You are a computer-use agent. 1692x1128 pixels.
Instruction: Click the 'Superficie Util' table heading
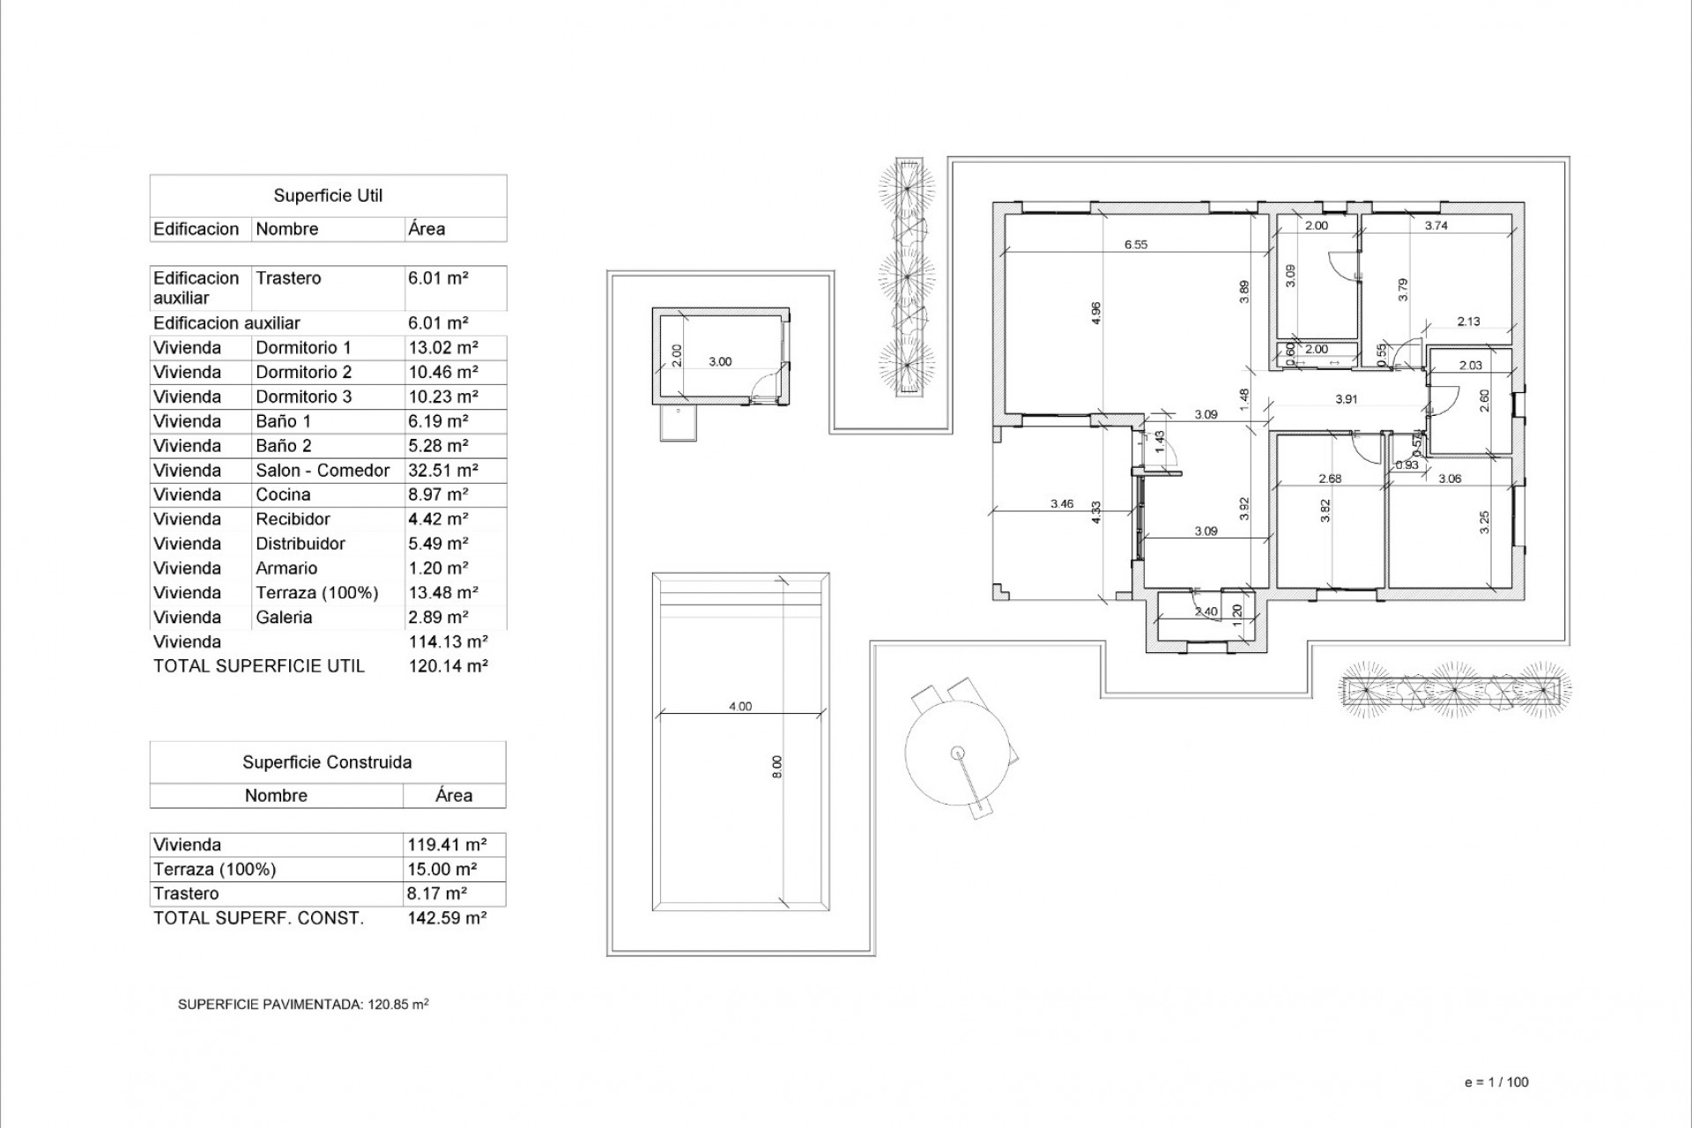[x=328, y=196]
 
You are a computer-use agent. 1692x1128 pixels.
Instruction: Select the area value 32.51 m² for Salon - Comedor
[x=442, y=471]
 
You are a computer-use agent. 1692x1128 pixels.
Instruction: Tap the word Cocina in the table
[x=283, y=495]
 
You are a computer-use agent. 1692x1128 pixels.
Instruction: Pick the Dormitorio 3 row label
[x=303, y=397]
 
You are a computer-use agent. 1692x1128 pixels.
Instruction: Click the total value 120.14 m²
[x=448, y=666]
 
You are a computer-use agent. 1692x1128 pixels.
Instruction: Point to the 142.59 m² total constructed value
[x=447, y=918]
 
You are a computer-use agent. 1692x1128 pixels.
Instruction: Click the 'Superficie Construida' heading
[x=327, y=762]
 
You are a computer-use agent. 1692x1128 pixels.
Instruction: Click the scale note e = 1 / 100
[x=1496, y=1082]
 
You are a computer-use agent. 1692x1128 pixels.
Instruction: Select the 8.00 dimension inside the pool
[x=776, y=767]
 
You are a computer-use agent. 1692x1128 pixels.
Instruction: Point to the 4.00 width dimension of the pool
[x=740, y=706]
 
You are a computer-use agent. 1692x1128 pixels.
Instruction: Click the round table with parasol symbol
[x=958, y=752]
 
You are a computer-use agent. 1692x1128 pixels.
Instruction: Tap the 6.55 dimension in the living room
[x=1136, y=245]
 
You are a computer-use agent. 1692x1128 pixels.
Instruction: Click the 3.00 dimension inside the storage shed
[x=720, y=361]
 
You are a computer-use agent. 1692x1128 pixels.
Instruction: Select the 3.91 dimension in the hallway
[x=1346, y=399]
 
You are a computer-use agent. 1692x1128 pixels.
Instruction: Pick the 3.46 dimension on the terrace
[x=1062, y=504]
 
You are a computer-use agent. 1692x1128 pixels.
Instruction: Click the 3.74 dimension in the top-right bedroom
[x=1436, y=226]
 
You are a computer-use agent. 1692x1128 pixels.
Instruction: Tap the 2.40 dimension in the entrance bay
[x=1206, y=612]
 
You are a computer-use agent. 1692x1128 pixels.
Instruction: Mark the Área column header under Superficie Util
[x=427, y=229]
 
